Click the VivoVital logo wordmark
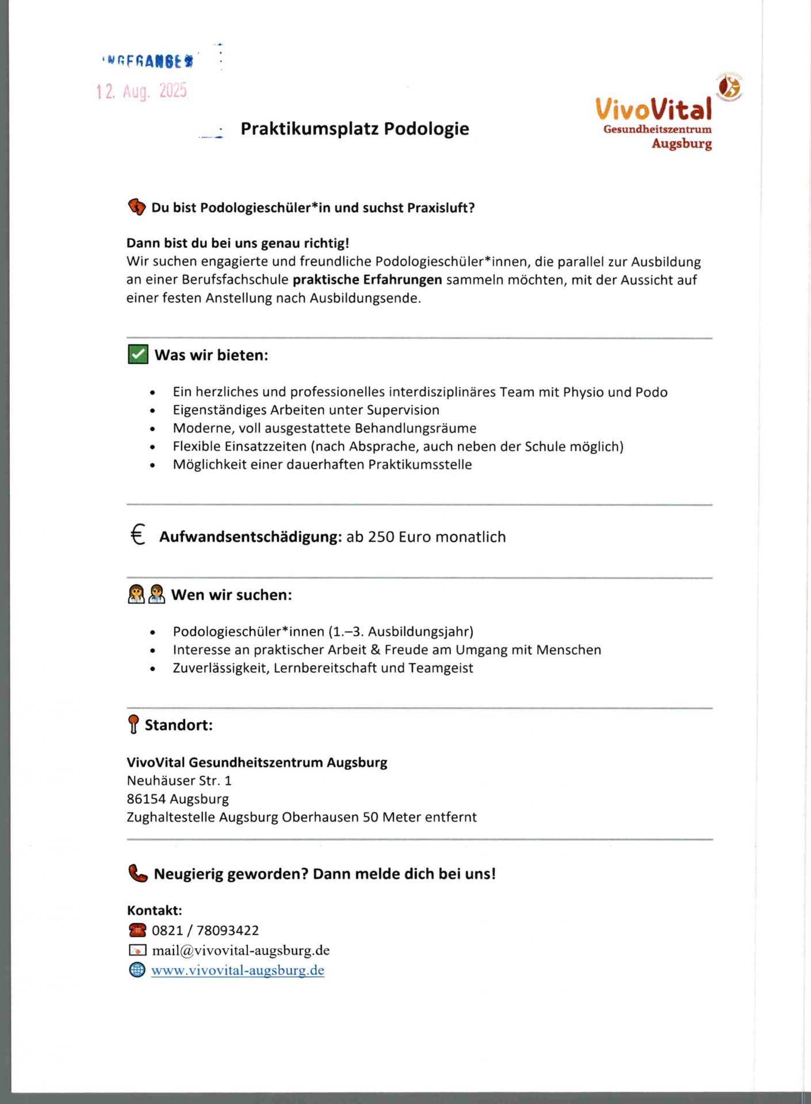coord(653,109)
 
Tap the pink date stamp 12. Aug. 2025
coord(142,91)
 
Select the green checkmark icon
coord(138,355)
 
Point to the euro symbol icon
coord(137,535)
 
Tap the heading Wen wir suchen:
coord(231,595)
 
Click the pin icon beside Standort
coord(133,724)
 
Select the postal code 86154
coord(146,799)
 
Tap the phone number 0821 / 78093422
coord(205,930)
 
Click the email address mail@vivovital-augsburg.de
coord(240,950)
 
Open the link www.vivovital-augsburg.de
coord(238,971)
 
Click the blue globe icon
coord(137,970)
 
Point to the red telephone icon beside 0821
coord(137,930)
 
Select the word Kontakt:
coord(154,911)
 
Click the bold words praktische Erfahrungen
coord(367,280)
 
